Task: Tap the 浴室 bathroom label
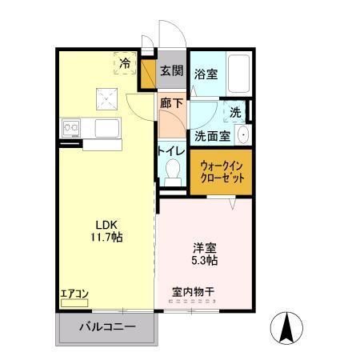click(x=206, y=74)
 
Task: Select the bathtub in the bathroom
click(x=238, y=74)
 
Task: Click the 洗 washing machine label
click(x=237, y=112)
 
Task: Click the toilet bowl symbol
click(x=172, y=170)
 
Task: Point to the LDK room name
click(x=106, y=225)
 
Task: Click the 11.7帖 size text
click(x=106, y=238)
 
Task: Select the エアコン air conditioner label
click(x=74, y=294)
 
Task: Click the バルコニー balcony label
click(x=106, y=326)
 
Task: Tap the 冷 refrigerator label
click(x=126, y=62)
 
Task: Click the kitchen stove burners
click(x=69, y=127)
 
